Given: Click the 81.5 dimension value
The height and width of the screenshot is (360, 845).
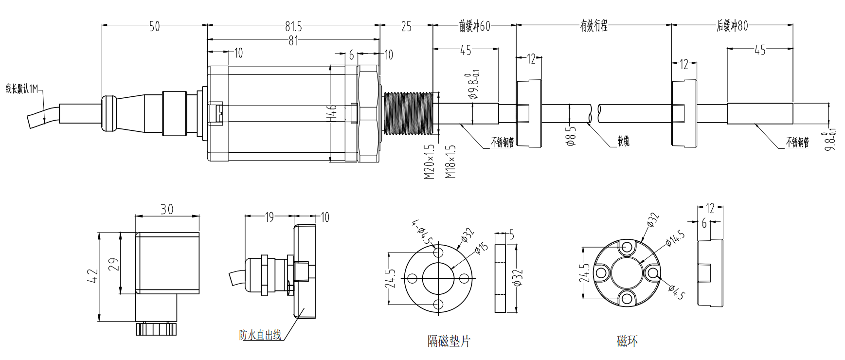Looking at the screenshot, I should click(x=293, y=26).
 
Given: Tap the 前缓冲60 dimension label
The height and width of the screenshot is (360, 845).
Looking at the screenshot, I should click(x=474, y=26).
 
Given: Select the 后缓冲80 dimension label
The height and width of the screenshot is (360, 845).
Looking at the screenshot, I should click(x=732, y=25).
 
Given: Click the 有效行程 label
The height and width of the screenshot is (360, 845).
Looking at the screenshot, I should click(x=593, y=26).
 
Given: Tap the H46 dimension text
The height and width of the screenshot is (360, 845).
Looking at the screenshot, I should click(x=333, y=113).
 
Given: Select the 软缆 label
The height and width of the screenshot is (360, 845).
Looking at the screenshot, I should click(x=623, y=141).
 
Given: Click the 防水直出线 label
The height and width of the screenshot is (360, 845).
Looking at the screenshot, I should click(x=260, y=335).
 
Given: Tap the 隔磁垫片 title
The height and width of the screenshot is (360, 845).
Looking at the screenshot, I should click(x=449, y=341).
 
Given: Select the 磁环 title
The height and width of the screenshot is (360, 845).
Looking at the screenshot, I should click(x=627, y=341).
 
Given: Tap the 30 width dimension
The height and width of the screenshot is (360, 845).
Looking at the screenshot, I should click(x=167, y=209).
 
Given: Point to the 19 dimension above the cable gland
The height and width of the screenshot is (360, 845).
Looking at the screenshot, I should click(x=270, y=217).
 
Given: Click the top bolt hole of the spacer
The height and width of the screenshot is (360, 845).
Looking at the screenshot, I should click(x=438, y=252).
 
